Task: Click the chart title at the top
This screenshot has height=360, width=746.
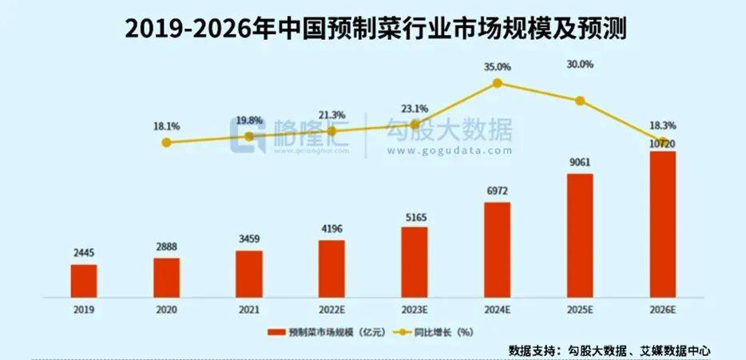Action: (373, 30)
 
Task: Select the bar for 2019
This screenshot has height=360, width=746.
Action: (83, 279)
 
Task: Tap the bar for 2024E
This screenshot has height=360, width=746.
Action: (497, 249)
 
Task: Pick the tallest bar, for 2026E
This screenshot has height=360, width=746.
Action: (662, 224)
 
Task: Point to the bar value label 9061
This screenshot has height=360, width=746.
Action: (580, 162)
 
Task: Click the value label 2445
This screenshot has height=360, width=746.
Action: (83, 252)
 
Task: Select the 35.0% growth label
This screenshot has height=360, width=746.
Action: (497, 68)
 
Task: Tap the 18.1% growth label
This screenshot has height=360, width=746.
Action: (166, 126)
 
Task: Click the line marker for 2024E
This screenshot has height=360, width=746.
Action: (497, 83)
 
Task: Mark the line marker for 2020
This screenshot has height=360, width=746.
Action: (166, 143)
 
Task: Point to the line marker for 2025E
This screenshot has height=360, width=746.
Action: (580, 101)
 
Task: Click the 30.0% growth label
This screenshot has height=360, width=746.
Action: (580, 65)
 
